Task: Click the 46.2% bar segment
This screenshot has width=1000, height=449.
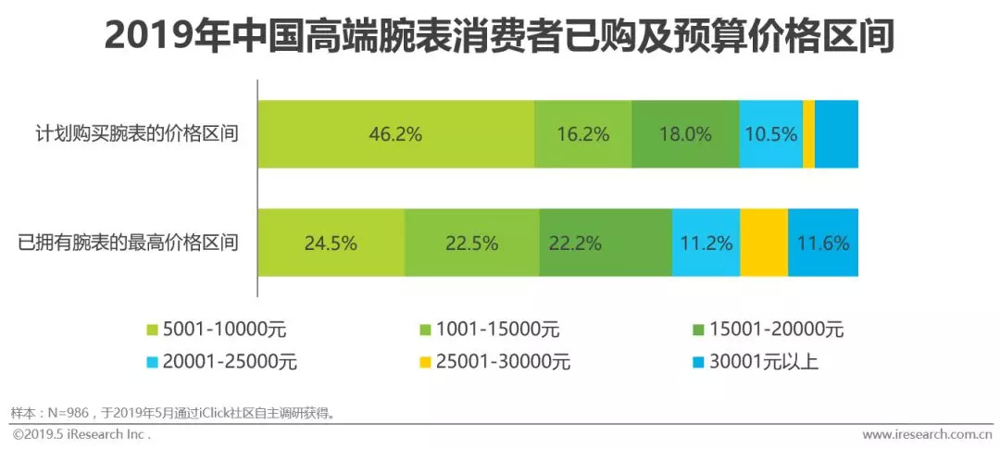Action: [x=396, y=134]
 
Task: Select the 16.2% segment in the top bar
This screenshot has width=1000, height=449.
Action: [x=583, y=134]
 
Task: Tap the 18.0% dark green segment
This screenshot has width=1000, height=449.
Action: [x=685, y=134]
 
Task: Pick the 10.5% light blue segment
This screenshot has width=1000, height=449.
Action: [x=770, y=134]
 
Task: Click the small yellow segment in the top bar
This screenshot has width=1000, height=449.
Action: [x=808, y=134]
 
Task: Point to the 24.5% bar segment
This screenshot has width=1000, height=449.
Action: [x=331, y=243]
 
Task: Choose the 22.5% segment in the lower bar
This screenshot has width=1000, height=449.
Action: [x=472, y=243]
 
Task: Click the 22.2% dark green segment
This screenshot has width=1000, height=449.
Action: [x=606, y=243]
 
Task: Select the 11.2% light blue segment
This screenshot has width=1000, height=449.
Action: [x=706, y=243]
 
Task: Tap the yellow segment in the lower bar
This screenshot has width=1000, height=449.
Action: [x=764, y=243]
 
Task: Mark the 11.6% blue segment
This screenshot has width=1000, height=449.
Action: [x=823, y=243]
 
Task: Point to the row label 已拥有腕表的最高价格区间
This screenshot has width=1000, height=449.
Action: [x=129, y=243]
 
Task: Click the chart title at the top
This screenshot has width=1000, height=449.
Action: [x=500, y=37]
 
